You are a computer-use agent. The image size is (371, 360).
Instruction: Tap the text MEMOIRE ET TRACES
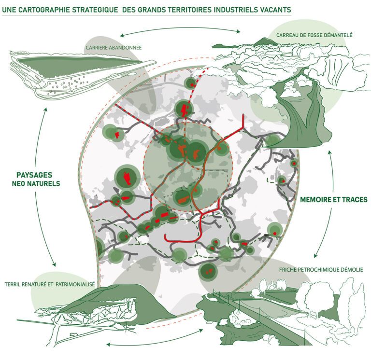(x=334, y=199)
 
